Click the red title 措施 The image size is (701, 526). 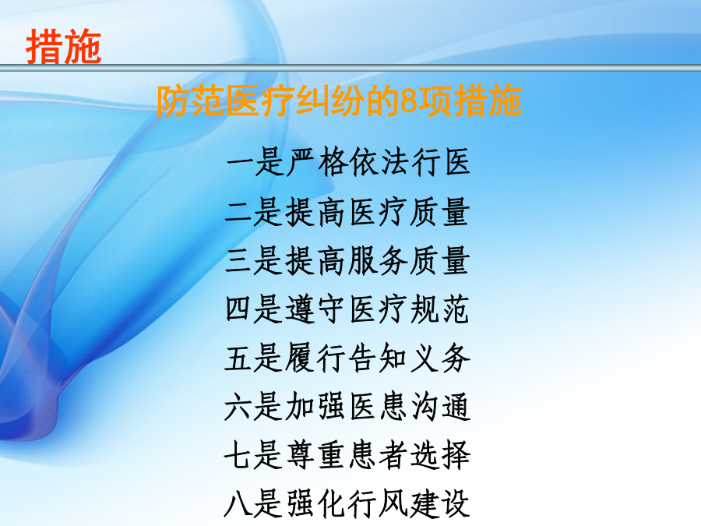[x=64, y=47]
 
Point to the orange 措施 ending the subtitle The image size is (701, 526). [x=488, y=101]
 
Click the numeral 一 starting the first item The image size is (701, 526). [x=240, y=162]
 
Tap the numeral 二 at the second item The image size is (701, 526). [x=239, y=211]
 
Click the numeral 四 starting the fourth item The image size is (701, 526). [x=238, y=309]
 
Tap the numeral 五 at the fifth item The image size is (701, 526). [x=238, y=358]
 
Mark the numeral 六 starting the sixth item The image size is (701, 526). [x=238, y=406]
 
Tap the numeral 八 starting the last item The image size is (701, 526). [x=238, y=503]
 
